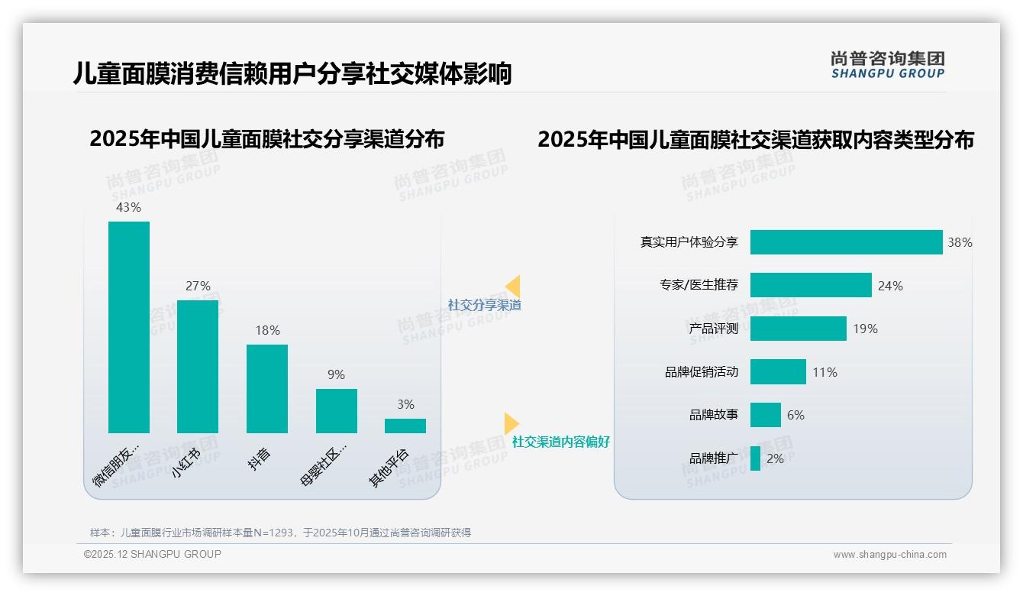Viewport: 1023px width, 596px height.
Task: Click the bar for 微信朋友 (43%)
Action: pos(129,327)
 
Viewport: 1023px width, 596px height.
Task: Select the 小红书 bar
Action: pos(198,367)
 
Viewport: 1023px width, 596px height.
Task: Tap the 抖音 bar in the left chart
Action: pos(267,389)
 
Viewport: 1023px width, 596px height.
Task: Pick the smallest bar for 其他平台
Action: pos(405,426)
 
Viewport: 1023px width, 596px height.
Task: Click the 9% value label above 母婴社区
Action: pos(336,374)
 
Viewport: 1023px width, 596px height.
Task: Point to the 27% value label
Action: pos(198,286)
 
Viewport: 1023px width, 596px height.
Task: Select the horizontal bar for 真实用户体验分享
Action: pos(846,242)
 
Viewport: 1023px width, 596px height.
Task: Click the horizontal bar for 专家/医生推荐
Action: pos(811,285)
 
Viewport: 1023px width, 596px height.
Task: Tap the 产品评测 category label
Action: pos(714,329)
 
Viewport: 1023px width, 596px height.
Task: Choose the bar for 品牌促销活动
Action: pos(778,372)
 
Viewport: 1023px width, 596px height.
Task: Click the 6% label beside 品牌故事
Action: pos(795,415)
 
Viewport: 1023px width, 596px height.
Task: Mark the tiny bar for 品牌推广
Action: pos(755,458)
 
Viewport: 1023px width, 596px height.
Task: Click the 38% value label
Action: pos(960,242)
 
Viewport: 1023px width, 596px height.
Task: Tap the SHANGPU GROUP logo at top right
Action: pos(888,65)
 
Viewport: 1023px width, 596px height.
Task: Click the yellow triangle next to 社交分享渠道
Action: pos(513,287)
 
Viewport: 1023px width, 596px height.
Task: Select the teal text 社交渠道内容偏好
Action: pos(561,442)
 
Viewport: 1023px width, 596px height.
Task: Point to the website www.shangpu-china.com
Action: pos(889,555)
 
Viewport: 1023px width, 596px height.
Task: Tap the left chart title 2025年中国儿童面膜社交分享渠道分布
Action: pos(267,140)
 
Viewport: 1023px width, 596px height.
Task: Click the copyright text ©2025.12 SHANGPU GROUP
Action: pos(153,554)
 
